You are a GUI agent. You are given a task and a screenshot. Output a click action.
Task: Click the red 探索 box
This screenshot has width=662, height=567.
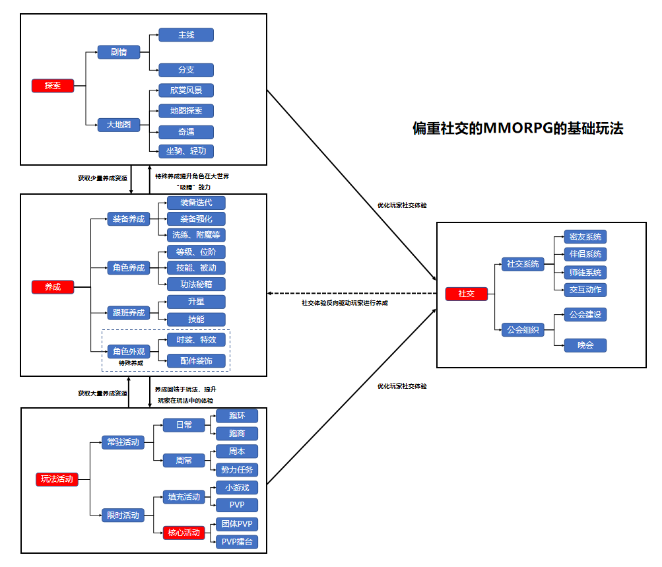53,86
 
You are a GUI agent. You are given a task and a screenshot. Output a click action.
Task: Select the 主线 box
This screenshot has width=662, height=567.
186,35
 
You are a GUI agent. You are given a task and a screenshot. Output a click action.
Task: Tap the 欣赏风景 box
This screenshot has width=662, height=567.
186,90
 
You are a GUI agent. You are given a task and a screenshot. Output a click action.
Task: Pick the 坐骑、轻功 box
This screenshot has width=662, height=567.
186,151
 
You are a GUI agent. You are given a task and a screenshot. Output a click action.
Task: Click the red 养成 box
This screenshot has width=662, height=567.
53,287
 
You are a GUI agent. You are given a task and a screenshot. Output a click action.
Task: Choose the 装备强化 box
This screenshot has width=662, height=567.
196,219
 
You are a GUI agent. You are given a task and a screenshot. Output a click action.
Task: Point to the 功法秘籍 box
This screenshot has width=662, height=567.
196,284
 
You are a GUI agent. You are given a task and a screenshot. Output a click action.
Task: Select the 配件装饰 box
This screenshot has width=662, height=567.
196,361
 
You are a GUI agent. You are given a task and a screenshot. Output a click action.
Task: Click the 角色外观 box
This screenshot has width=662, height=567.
129,351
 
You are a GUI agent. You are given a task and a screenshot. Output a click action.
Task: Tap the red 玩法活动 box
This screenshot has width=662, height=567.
57,479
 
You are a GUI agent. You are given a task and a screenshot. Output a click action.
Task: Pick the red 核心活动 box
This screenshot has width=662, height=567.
184,533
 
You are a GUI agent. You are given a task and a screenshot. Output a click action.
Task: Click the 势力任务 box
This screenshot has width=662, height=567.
237,470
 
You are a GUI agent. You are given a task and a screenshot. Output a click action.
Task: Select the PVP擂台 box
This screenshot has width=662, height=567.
237,542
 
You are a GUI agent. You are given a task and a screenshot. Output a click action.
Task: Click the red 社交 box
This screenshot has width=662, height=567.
467,294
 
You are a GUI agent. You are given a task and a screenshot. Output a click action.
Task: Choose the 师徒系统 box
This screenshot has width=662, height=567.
585,273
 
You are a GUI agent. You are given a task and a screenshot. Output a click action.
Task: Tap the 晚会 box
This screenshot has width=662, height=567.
585,345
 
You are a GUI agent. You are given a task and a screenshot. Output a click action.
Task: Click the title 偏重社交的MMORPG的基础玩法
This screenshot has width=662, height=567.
517,128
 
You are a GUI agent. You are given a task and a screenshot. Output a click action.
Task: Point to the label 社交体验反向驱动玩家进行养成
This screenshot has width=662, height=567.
345,303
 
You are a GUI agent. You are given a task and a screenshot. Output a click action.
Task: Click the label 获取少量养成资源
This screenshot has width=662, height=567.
102,178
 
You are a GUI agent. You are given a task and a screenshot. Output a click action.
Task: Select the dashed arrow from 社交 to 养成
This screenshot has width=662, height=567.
352,294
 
